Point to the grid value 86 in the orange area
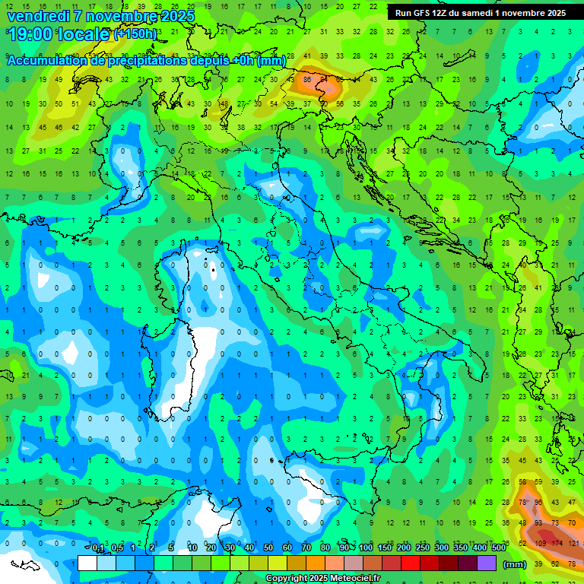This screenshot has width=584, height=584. click(307, 79)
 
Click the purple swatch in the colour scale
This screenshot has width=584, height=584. click(487, 563)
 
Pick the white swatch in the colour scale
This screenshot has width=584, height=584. click(87, 563)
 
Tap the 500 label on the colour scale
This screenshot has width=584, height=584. click(499, 548)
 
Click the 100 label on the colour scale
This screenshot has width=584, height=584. click(366, 548)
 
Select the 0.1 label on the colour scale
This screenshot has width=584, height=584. click(99, 548)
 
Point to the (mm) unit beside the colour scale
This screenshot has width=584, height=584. click(515, 564)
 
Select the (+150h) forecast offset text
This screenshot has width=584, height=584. click(135, 34)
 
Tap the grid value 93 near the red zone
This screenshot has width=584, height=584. click(538, 523)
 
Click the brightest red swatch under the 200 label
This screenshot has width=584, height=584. click(411, 563)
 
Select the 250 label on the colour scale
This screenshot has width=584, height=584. click(422, 548)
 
